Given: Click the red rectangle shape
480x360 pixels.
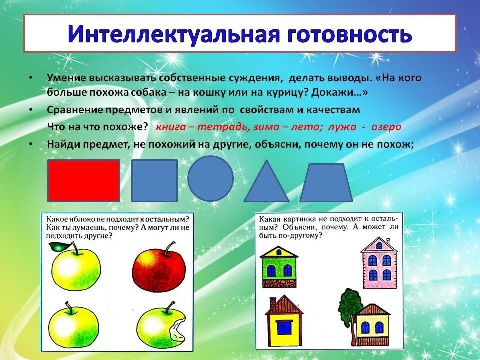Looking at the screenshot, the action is (x=84, y=181).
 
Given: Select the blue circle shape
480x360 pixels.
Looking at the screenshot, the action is (x=210, y=179).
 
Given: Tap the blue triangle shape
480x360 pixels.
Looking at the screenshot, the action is (x=266, y=181).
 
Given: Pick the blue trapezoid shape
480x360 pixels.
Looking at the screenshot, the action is (x=326, y=183).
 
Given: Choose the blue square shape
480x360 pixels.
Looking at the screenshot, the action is (x=154, y=181).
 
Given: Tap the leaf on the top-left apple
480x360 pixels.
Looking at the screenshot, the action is (x=60, y=246).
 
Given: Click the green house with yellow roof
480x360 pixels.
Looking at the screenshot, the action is (x=279, y=267).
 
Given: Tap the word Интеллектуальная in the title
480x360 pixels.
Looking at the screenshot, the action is (x=174, y=34).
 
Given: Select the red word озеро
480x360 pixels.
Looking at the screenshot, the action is (x=386, y=127).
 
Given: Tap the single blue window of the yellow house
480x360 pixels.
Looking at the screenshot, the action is (x=284, y=327).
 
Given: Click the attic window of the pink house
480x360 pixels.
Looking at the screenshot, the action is (x=379, y=245).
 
